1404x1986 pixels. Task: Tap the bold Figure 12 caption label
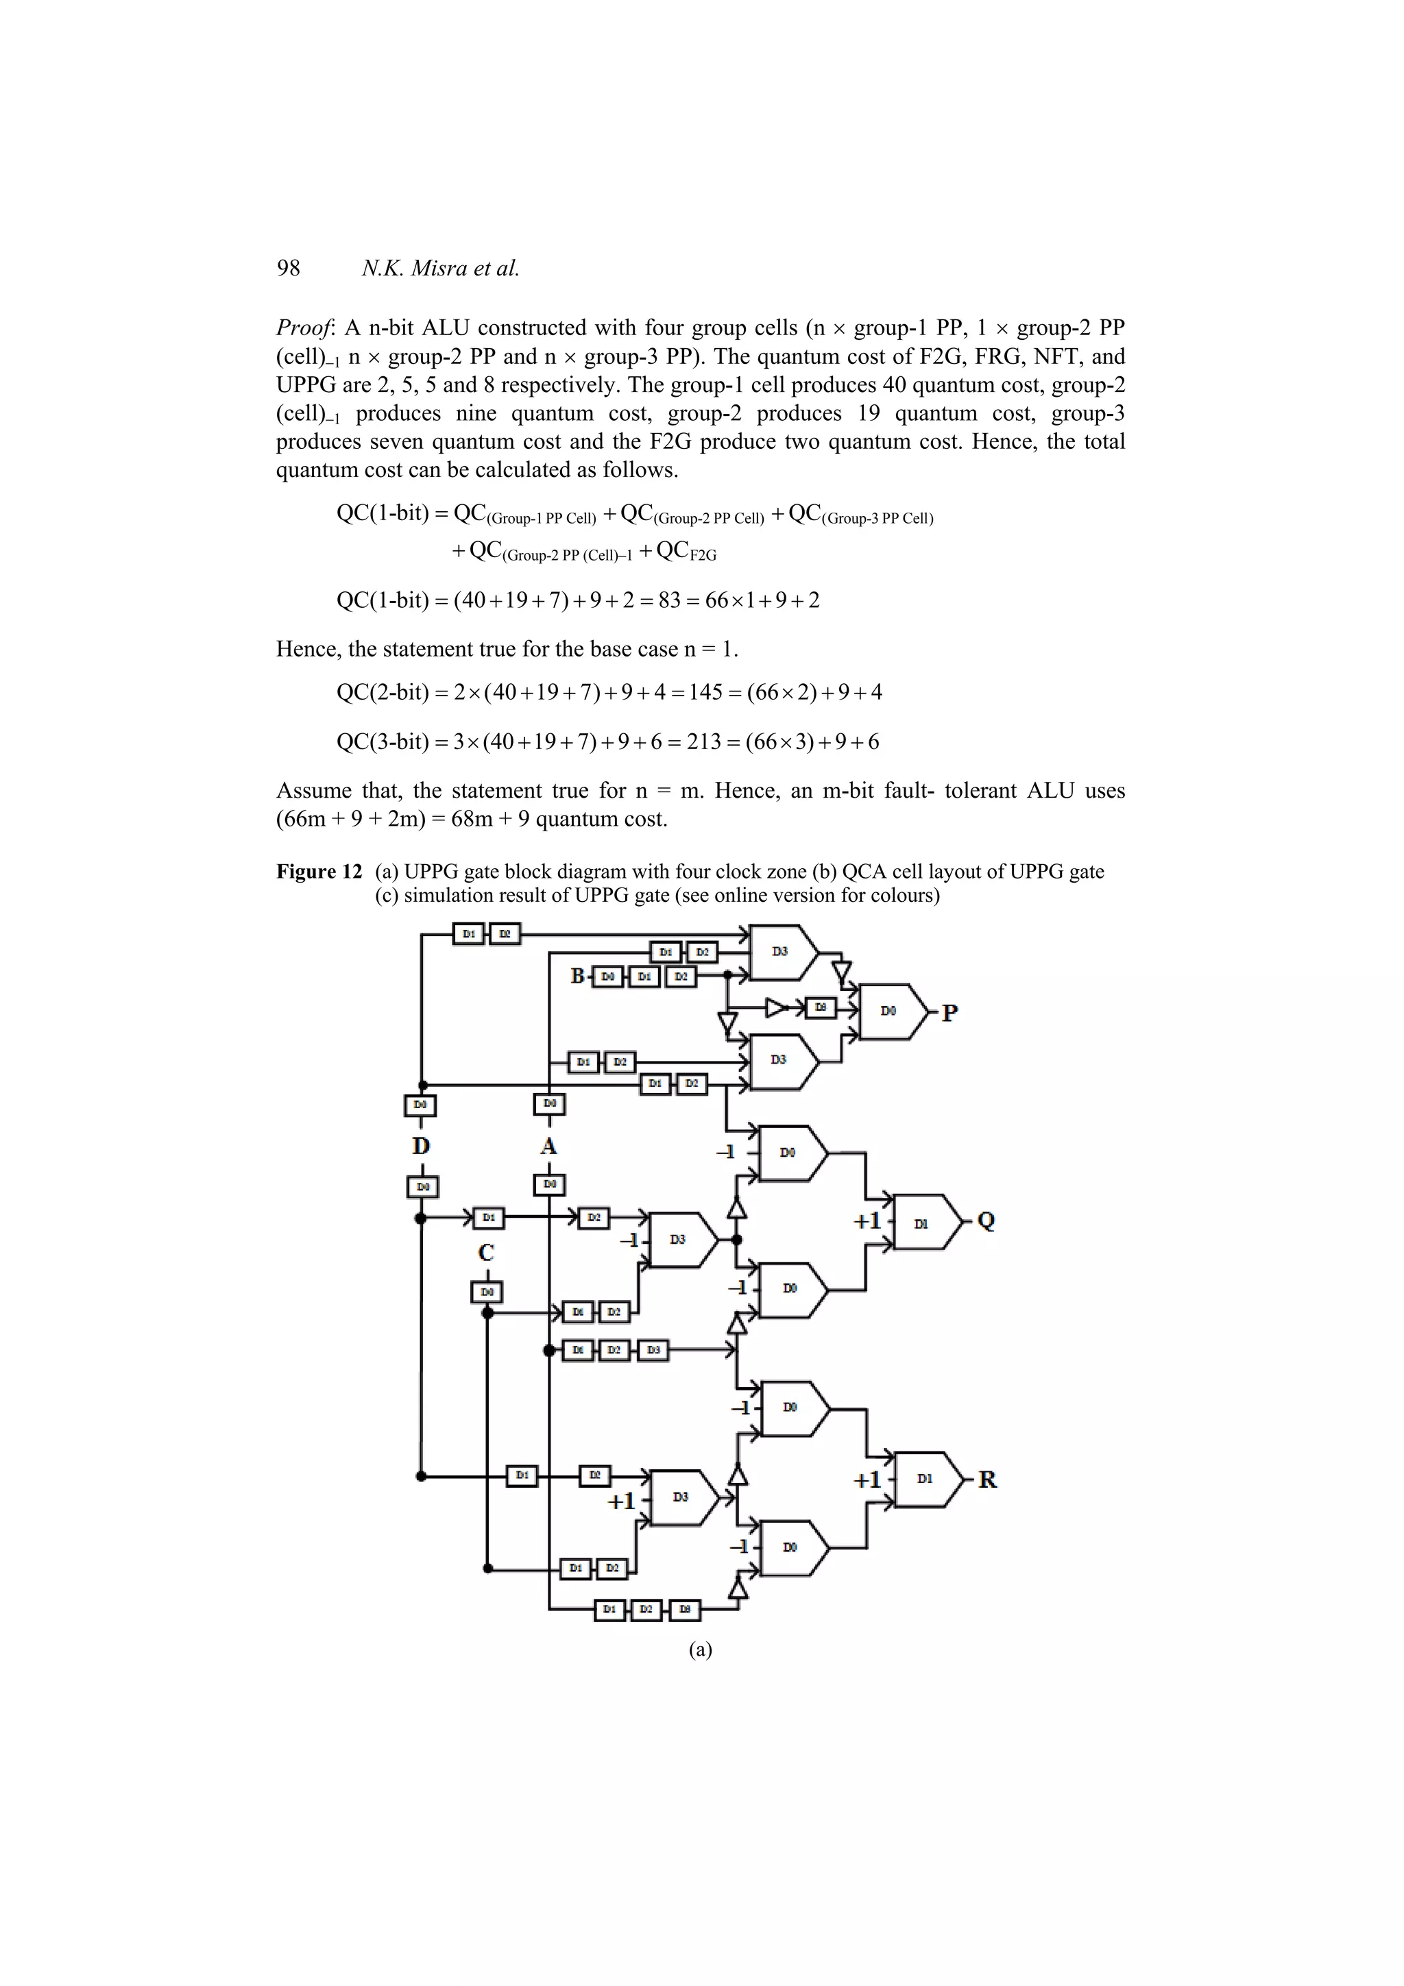tap(319, 871)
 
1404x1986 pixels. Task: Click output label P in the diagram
tap(950, 1012)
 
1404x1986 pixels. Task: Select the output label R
tap(987, 1479)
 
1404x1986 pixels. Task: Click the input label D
tap(422, 1146)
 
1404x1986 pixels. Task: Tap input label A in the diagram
tap(548, 1146)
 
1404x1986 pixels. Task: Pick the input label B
tap(578, 977)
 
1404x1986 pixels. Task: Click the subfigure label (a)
tap(701, 1649)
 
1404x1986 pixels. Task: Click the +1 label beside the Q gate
tap(867, 1221)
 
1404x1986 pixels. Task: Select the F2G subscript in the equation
tap(703, 555)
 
